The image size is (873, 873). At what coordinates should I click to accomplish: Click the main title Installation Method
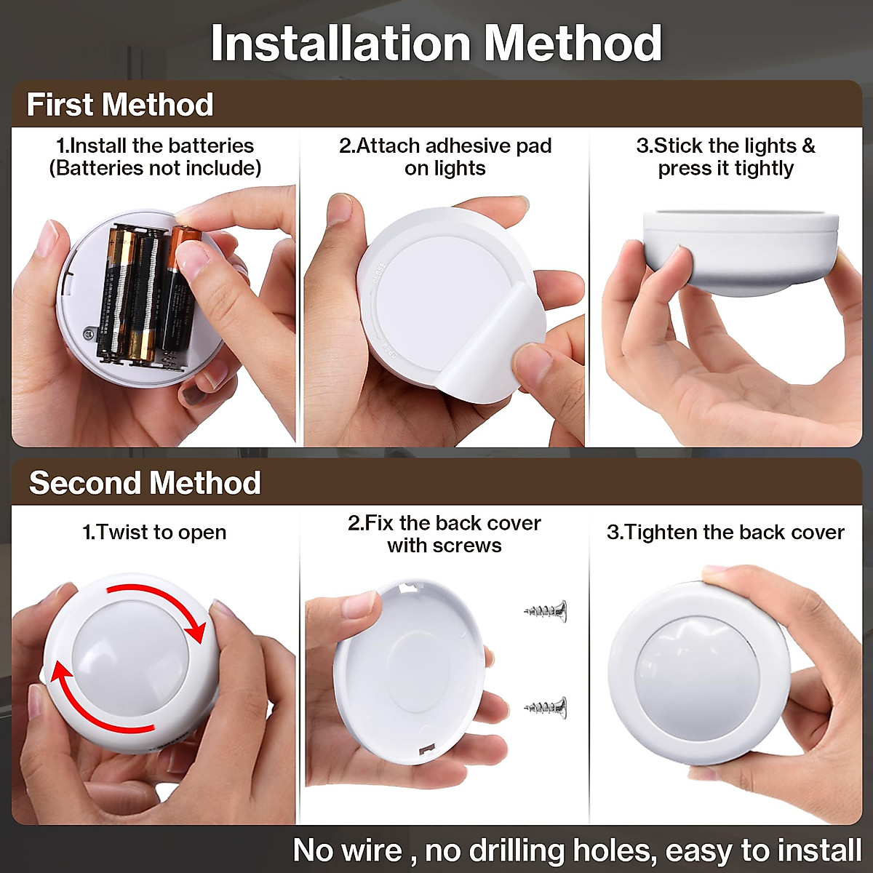[436, 44]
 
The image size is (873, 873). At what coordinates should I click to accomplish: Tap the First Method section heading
[120, 105]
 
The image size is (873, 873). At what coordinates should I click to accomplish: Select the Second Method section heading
[145, 483]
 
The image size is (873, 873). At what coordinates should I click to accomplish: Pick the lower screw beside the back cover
[546, 706]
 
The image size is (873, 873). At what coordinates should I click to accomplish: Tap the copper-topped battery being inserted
[178, 291]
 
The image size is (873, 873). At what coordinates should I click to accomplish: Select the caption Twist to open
[154, 533]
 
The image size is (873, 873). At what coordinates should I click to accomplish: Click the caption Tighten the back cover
[725, 533]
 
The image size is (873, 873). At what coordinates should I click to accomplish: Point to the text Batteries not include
[155, 168]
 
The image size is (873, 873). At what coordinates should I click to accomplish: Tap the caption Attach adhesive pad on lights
[445, 157]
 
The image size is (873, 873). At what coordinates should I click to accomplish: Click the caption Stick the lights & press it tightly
[725, 157]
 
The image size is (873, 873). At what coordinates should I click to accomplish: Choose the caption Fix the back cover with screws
[444, 534]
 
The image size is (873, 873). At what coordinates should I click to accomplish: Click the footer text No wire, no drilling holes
[577, 850]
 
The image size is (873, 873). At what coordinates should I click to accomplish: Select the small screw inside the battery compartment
[89, 334]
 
